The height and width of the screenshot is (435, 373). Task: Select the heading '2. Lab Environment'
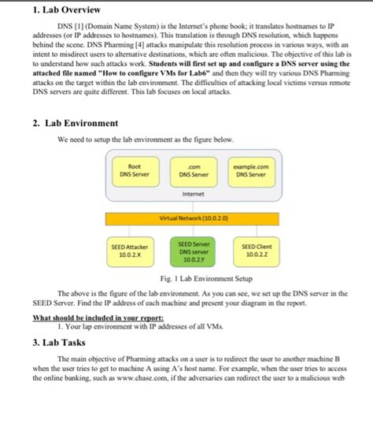[76, 124]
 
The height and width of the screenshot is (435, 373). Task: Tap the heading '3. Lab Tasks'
[60, 344]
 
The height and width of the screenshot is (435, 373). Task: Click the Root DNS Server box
[135, 169]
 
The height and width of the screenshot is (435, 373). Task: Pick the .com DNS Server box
[193, 169]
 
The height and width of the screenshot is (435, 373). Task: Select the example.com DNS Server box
[251, 169]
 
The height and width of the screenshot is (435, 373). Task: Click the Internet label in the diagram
[193, 193]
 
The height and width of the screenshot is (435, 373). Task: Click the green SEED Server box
[193, 251]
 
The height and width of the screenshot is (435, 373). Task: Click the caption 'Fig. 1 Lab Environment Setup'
[193, 278]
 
